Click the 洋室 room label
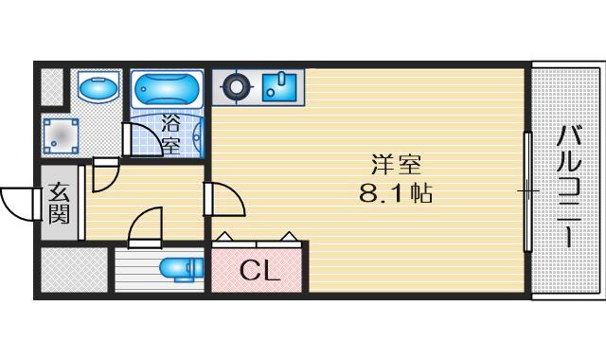point(396,164)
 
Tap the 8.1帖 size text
point(396,194)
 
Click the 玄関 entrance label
point(59,203)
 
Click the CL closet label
point(259,273)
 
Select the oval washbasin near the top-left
point(97,90)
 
